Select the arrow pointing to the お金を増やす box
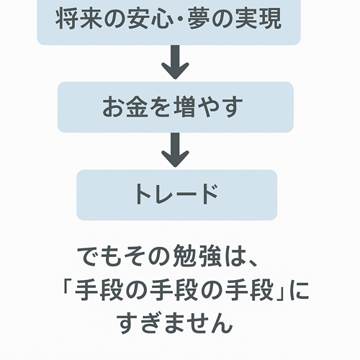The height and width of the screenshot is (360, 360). (175, 62)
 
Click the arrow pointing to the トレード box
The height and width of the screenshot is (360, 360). (175, 150)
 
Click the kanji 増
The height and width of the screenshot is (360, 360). (184, 107)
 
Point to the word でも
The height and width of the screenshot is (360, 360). (99, 256)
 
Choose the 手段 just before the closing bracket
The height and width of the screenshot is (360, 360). (250, 291)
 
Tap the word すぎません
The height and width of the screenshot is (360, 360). (174, 323)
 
